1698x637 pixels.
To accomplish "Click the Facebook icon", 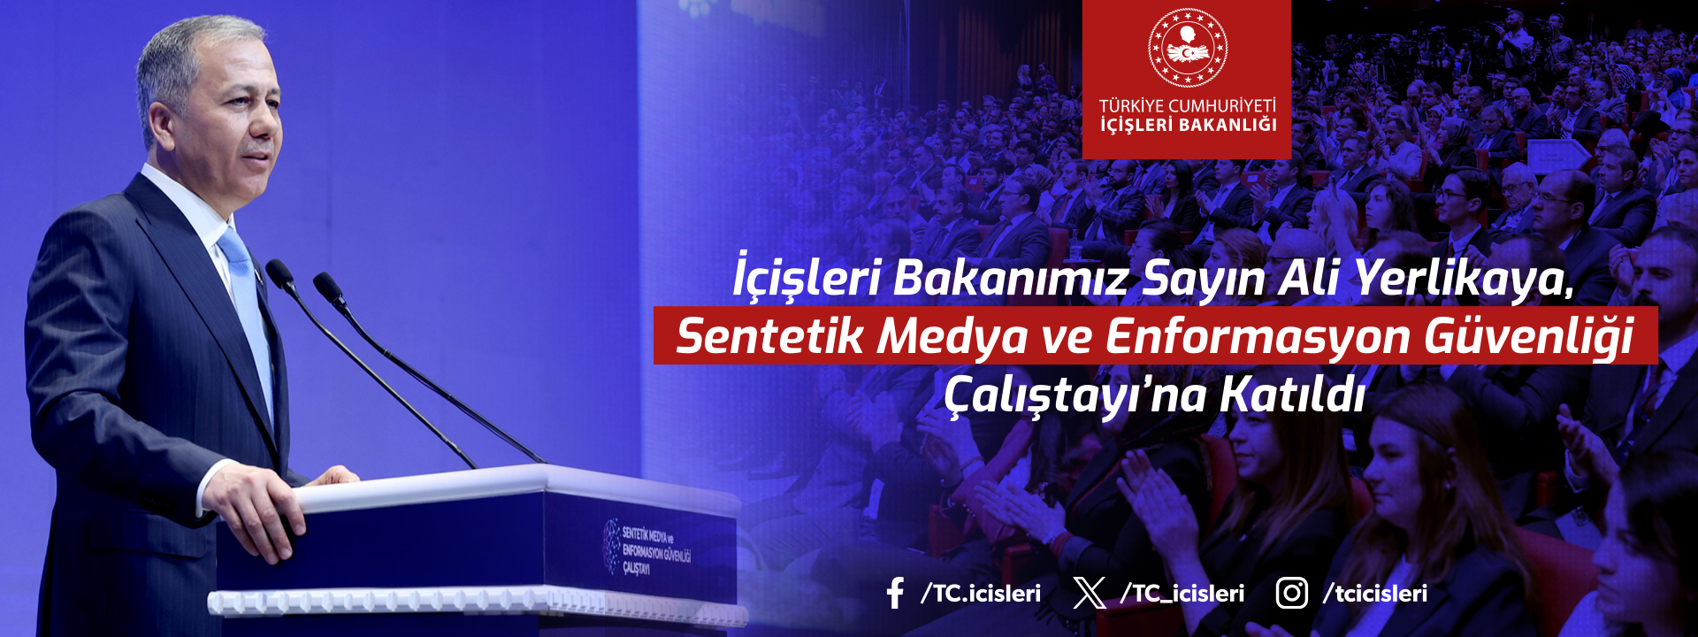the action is point(895,593).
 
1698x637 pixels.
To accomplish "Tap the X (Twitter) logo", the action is point(1090,593).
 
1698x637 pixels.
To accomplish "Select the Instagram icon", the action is point(1291,593).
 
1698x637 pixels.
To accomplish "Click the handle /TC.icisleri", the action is point(981,593).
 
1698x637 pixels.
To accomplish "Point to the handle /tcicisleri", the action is point(1375,593).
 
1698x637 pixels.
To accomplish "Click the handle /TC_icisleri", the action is point(1182,593).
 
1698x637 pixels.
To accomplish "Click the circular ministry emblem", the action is point(1188,48).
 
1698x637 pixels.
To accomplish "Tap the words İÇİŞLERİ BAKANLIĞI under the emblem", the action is point(1188,126).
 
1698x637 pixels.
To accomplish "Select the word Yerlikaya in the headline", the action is point(1465,280).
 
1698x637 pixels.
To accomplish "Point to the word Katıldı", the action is point(1293,394).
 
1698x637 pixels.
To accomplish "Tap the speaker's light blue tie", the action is point(248,310).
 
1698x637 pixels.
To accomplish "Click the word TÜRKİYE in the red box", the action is point(1131,106).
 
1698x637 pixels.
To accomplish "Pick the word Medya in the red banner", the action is point(954,337).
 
